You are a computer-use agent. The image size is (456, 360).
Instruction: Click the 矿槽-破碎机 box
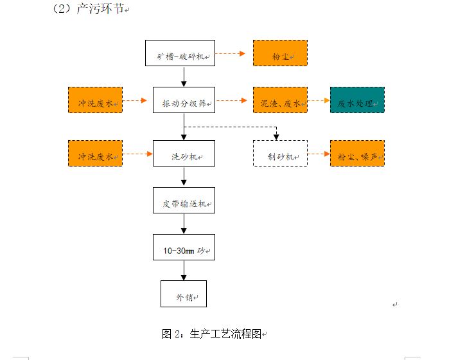(x=180, y=53)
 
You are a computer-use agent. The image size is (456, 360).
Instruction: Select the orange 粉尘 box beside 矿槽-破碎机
(x=280, y=53)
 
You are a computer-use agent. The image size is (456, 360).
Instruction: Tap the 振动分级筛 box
(x=184, y=100)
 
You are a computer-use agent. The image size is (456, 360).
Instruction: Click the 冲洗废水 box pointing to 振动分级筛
(x=95, y=100)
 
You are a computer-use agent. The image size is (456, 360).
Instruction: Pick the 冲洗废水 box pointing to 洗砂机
(x=95, y=154)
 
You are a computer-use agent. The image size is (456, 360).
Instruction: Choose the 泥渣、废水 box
(x=280, y=100)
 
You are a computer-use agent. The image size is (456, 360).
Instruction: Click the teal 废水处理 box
(x=357, y=100)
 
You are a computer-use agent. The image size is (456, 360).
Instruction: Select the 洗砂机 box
(x=184, y=154)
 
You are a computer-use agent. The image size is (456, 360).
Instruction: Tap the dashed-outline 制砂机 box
(x=280, y=154)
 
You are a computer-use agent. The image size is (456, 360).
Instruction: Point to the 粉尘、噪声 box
(x=357, y=154)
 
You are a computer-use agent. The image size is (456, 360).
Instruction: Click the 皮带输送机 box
(x=184, y=201)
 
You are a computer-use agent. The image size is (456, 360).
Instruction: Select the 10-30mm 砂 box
(x=184, y=247)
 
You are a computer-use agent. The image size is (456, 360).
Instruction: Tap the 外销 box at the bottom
(x=184, y=294)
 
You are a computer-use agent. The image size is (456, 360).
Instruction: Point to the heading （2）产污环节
(x=90, y=10)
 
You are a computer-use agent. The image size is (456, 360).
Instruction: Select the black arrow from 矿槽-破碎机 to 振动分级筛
(x=184, y=76)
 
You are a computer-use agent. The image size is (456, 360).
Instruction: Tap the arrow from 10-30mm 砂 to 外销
(x=184, y=270)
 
